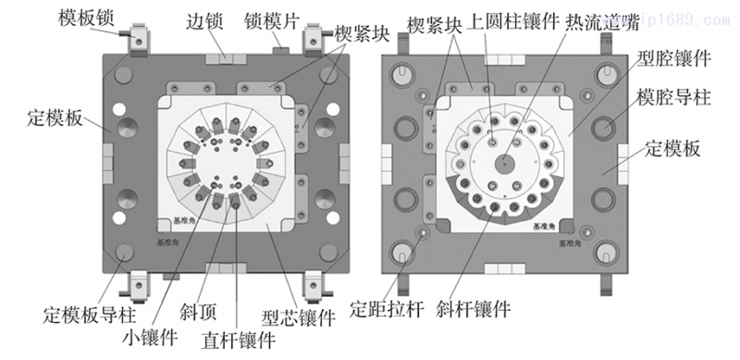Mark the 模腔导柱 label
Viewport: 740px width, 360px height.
(673, 97)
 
